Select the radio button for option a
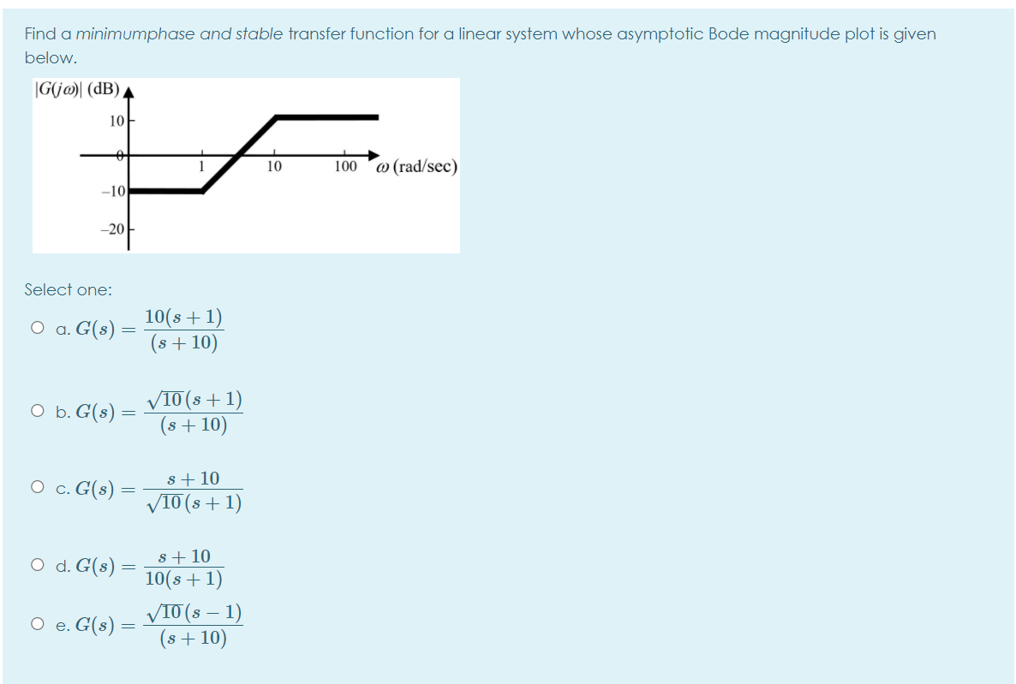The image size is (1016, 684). point(36,328)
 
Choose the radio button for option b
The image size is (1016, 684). point(36,411)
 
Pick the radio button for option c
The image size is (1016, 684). point(36,488)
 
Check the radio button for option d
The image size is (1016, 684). point(36,565)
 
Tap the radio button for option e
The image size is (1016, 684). point(36,625)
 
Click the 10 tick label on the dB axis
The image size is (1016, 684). point(117,121)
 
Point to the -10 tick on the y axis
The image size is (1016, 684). point(115,190)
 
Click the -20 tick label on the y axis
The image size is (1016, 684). point(115,229)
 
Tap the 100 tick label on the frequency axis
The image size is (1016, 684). point(346,167)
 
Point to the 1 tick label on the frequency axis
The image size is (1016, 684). point(201,167)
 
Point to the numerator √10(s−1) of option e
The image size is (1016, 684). point(194,613)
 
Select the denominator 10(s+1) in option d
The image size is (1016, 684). point(183,580)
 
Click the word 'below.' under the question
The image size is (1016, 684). point(51,58)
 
